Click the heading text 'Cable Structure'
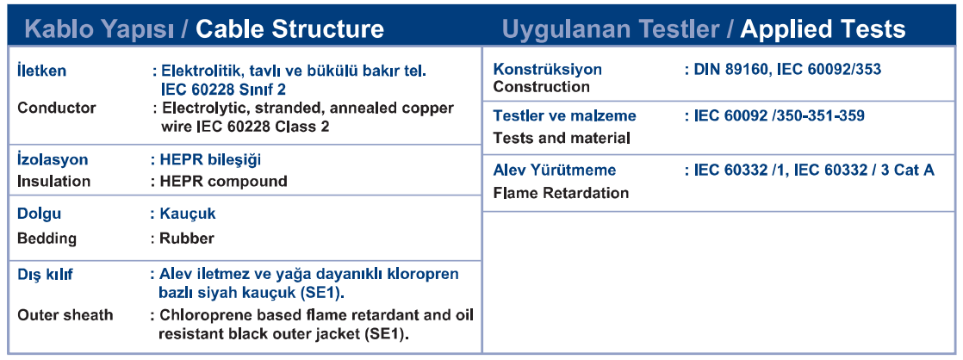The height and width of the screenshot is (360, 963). coord(291,29)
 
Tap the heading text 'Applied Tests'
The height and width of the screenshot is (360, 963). coord(823,29)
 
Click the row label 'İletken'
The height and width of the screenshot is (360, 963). coord(41,71)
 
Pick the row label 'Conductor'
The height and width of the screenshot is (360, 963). coord(57,109)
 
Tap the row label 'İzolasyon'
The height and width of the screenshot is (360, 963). coord(53,159)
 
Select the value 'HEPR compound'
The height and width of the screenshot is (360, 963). coord(224,182)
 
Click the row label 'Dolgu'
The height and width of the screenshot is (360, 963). coord(40,214)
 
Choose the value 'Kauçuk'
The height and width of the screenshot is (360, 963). coord(187,214)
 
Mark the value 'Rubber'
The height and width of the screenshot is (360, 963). coord(187,239)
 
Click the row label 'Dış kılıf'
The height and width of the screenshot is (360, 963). coord(46,275)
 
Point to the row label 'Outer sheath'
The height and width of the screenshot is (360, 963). coord(65,315)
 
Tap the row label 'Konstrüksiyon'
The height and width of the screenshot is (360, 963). coord(548,70)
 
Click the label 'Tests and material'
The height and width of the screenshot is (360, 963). coord(562,138)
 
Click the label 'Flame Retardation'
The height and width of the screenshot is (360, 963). coord(562,193)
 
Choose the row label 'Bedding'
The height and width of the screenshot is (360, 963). coord(47,239)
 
